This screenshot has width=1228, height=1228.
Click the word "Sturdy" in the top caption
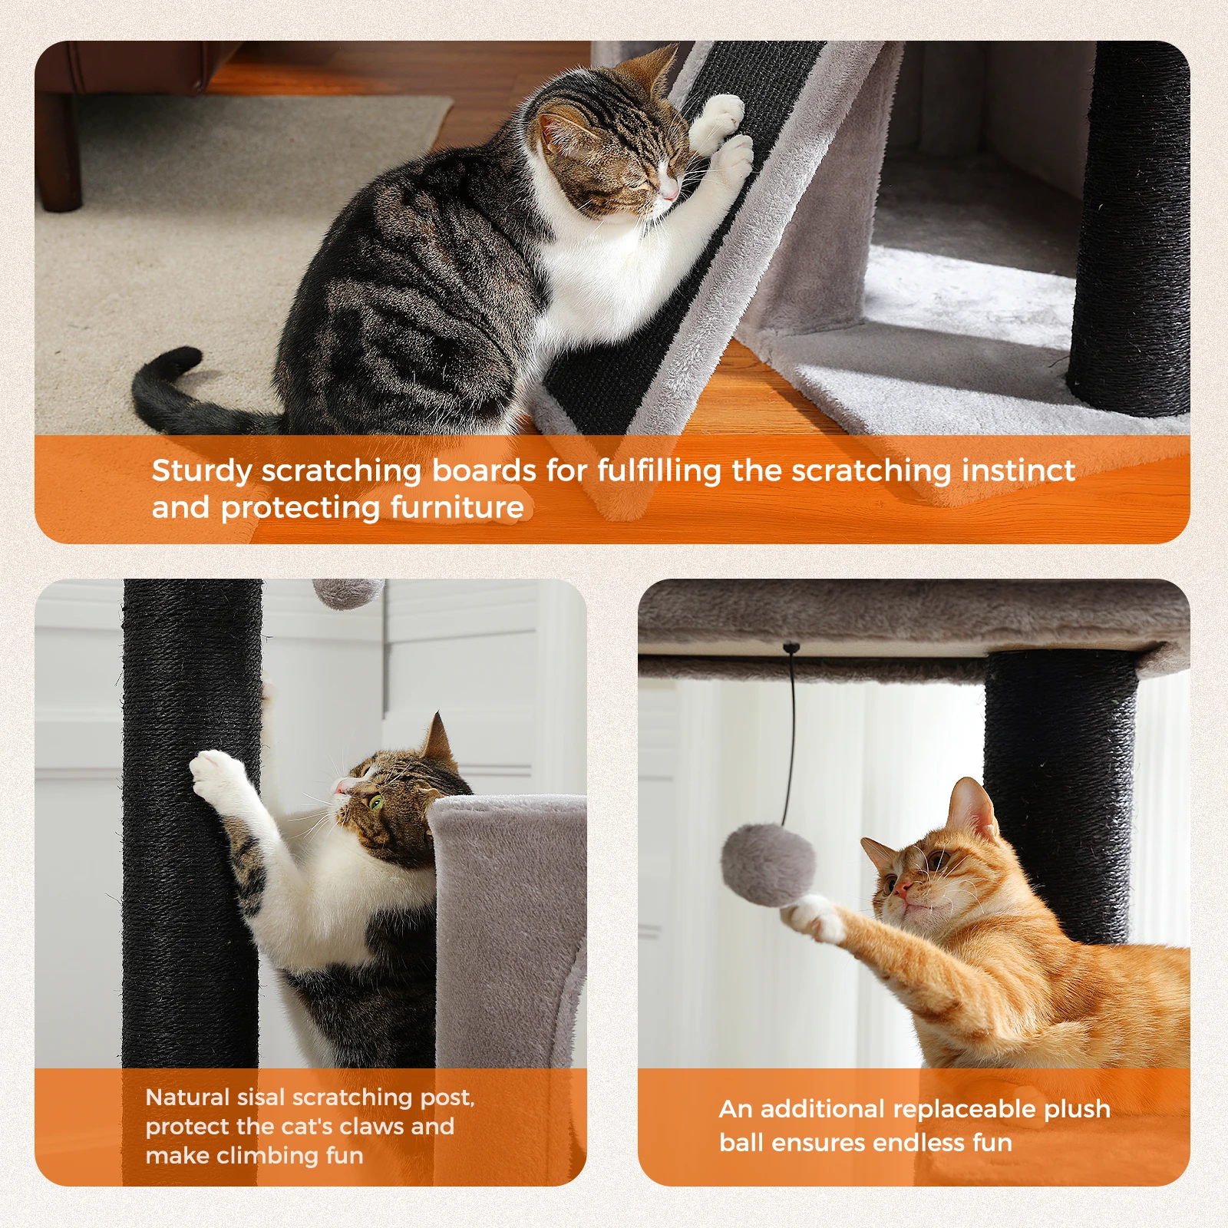(x=201, y=471)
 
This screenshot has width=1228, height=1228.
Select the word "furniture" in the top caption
(x=457, y=507)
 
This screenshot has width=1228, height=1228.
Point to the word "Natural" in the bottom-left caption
(x=187, y=1097)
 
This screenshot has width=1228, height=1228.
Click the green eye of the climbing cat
(x=376, y=802)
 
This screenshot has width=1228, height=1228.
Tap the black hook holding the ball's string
(x=791, y=649)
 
